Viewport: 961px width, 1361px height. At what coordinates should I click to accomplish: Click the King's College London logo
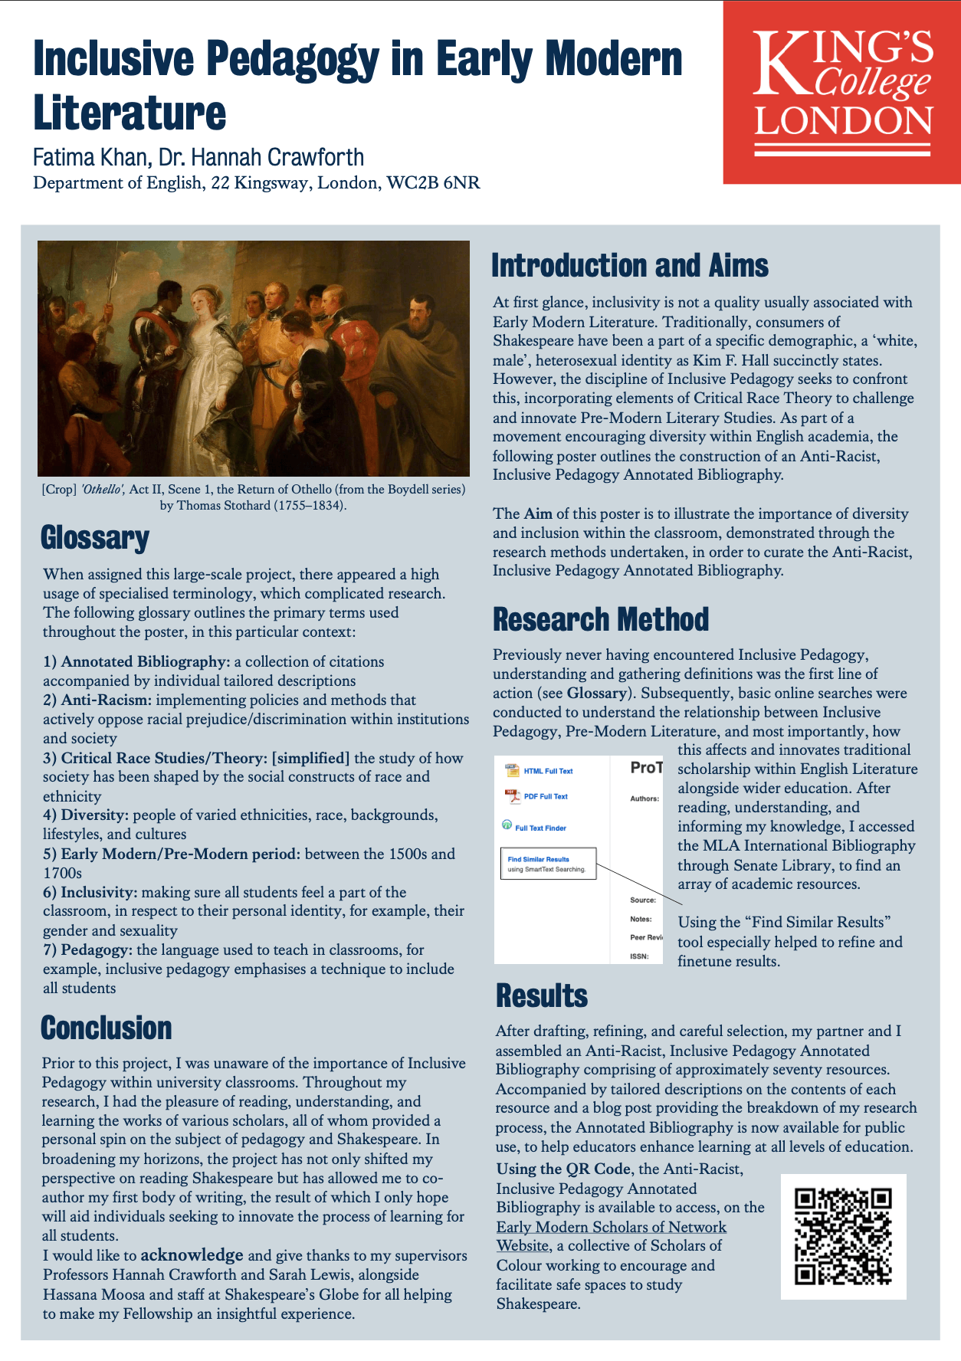(842, 92)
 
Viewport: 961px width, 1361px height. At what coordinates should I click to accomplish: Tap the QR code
(843, 1236)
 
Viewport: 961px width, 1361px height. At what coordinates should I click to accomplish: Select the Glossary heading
(95, 538)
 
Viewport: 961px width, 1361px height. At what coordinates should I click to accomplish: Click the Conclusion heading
(107, 1028)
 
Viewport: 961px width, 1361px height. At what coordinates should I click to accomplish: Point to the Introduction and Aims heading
(629, 266)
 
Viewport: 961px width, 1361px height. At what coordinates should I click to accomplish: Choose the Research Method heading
(601, 619)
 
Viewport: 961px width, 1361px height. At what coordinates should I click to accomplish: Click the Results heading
(542, 995)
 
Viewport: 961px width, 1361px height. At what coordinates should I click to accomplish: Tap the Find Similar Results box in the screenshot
(547, 864)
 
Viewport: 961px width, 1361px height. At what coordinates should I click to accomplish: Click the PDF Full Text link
(545, 797)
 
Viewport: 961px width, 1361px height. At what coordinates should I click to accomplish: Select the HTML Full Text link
(547, 771)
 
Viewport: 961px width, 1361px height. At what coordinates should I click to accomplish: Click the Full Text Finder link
(540, 828)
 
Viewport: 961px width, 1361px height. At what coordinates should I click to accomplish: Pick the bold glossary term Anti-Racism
(106, 700)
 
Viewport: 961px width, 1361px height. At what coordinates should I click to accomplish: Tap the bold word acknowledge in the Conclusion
(192, 1255)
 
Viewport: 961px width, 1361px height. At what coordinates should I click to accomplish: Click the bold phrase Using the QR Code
(564, 1169)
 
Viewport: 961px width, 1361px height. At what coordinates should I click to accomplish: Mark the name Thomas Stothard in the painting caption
(222, 506)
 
